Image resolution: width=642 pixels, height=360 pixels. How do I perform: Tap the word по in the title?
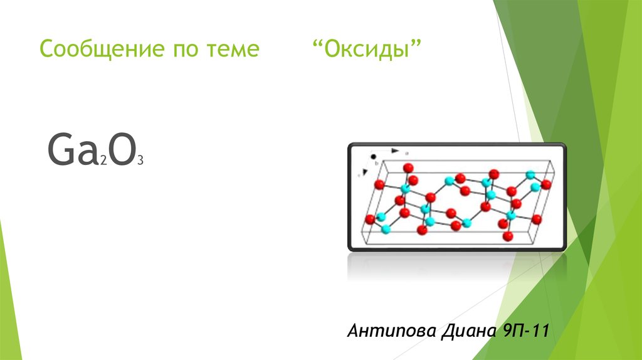tap(186, 50)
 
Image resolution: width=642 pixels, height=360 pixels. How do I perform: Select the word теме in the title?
tap(233, 50)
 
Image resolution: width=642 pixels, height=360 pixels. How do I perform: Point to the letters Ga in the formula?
tap(72, 149)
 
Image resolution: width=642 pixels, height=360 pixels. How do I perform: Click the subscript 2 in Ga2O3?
tap(103, 161)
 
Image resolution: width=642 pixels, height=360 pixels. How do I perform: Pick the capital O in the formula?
tap(122, 149)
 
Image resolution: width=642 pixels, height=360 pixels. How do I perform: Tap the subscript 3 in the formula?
tap(140, 161)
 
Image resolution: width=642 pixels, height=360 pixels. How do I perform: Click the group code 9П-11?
tap(525, 330)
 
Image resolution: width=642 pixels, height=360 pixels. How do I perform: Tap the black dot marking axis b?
tap(373, 156)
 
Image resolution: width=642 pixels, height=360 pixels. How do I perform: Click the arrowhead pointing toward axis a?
tap(395, 151)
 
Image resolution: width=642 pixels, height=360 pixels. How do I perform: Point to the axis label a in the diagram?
tap(406, 153)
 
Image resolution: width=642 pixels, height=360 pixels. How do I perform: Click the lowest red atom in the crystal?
tap(508, 236)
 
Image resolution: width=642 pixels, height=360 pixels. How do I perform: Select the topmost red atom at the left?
tap(408, 168)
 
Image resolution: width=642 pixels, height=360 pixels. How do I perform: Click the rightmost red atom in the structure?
tap(546, 184)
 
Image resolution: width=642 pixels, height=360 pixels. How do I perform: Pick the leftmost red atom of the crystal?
tap(370, 220)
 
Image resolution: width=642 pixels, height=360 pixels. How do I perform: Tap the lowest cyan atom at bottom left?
tap(386, 230)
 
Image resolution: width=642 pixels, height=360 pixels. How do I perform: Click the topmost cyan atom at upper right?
tap(530, 175)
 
